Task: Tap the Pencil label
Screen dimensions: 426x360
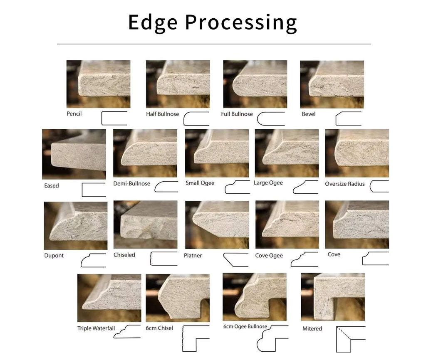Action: click(x=74, y=114)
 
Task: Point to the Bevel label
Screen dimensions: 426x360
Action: click(x=309, y=114)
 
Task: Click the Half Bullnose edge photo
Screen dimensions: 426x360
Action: click(x=178, y=84)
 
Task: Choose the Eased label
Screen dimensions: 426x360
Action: click(x=52, y=186)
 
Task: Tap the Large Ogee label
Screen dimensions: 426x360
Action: click(x=268, y=183)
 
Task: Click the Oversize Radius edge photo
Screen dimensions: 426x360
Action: click(x=357, y=153)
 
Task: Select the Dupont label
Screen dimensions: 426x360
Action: click(x=54, y=256)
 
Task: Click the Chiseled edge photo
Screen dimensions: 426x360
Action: click(x=145, y=224)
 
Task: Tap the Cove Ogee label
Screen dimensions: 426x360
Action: click(x=269, y=256)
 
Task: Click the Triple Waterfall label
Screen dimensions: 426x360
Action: click(x=96, y=328)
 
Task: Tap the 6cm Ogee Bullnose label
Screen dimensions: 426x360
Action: click(x=245, y=326)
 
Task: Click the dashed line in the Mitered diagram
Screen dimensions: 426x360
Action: click(x=344, y=333)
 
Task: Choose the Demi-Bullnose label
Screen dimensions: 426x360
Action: click(x=132, y=183)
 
